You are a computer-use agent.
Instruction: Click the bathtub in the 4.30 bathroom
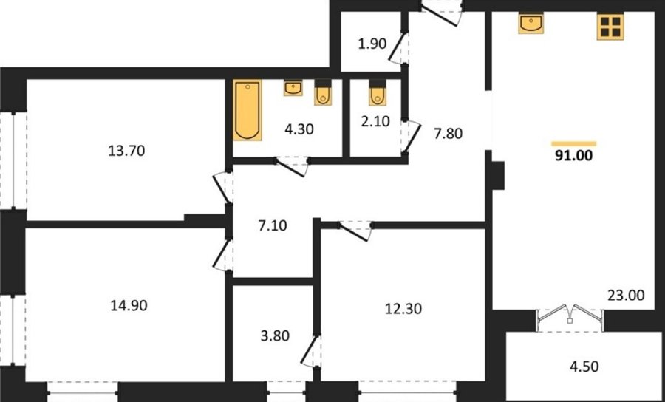(x=248, y=110)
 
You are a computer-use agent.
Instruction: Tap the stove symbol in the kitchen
(x=610, y=27)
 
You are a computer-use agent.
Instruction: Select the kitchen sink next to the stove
(x=531, y=24)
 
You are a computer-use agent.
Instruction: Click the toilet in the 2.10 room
(x=378, y=92)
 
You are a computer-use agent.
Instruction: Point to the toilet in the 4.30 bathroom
(x=323, y=92)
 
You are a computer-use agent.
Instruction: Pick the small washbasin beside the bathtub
(x=293, y=88)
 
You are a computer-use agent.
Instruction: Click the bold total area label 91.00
(x=574, y=156)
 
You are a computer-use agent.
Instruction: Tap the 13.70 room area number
(x=126, y=151)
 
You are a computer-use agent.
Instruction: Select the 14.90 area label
(x=129, y=305)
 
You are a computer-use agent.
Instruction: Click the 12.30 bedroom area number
(x=403, y=309)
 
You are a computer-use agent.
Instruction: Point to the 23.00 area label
(x=626, y=295)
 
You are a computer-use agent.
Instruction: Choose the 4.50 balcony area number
(x=584, y=367)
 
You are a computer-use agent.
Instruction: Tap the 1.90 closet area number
(x=372, y=44)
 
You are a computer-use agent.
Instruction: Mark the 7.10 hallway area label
(x=272, y=225)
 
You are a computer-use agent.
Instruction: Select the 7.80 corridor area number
(x=448, y=134)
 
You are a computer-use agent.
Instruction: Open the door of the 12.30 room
(x=355, y=231)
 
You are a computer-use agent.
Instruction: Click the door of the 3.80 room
(x=311, y=351)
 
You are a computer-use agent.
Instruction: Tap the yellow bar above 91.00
(x=574, y=144)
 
